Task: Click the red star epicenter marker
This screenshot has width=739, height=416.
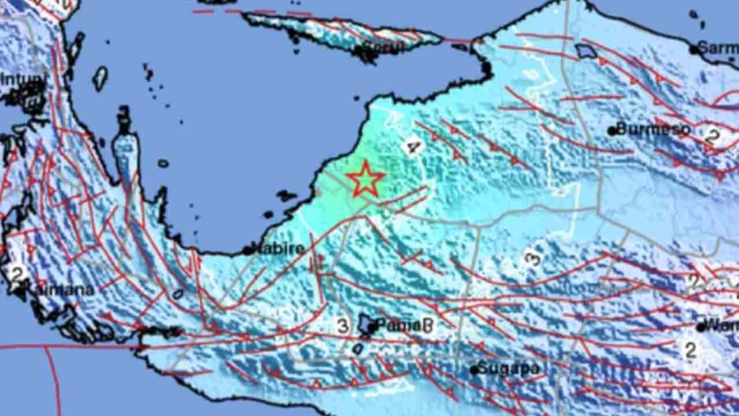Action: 365,180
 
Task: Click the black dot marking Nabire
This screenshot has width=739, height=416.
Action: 247,251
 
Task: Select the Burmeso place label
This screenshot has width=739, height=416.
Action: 653,129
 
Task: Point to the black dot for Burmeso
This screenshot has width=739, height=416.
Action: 612,131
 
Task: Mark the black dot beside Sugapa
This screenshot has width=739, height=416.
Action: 474,370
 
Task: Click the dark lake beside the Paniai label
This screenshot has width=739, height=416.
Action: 367,324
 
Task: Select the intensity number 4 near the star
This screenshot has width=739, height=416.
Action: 412,147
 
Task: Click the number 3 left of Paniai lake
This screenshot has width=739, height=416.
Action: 343,326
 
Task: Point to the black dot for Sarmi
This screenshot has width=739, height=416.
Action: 693,50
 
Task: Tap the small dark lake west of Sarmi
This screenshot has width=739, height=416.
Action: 587,52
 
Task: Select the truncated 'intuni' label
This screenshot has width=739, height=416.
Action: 23,79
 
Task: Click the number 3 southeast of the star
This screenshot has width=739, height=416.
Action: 532,258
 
